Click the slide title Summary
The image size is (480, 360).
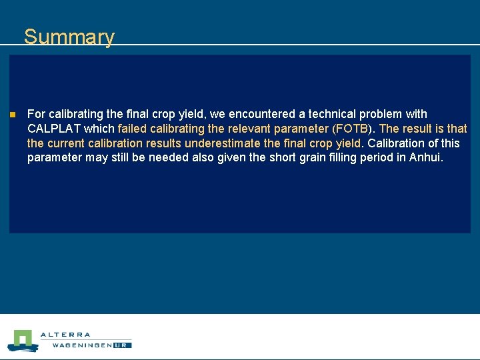69,37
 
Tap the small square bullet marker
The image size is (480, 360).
12,115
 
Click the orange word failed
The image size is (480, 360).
133,129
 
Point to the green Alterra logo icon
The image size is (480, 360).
22,340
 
